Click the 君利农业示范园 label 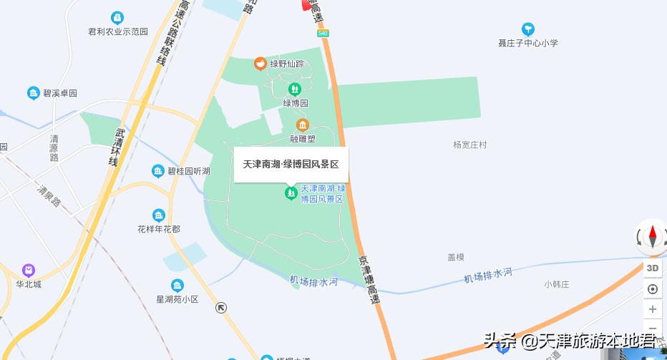(x=118, y=31)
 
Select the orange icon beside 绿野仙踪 (x=260, y=64)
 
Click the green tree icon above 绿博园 (x=294, y=89)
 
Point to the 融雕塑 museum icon (x=302, y=125)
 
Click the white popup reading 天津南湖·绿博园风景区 (x=291, y=165)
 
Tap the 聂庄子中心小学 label (x=528, y=43)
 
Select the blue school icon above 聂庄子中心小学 (x=528, y=29)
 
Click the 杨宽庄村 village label (x=470, y=145)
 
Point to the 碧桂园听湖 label (x=188, y=171)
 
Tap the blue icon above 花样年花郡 (x=159, y=215)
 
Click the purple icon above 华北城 (x=29, y=271)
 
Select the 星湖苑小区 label (x=177, y=299)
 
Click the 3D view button (x=652, y=268)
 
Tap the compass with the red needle (x=652, y=237)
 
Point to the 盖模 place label (x=457, y=257)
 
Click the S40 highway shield (x=323, y=33)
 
